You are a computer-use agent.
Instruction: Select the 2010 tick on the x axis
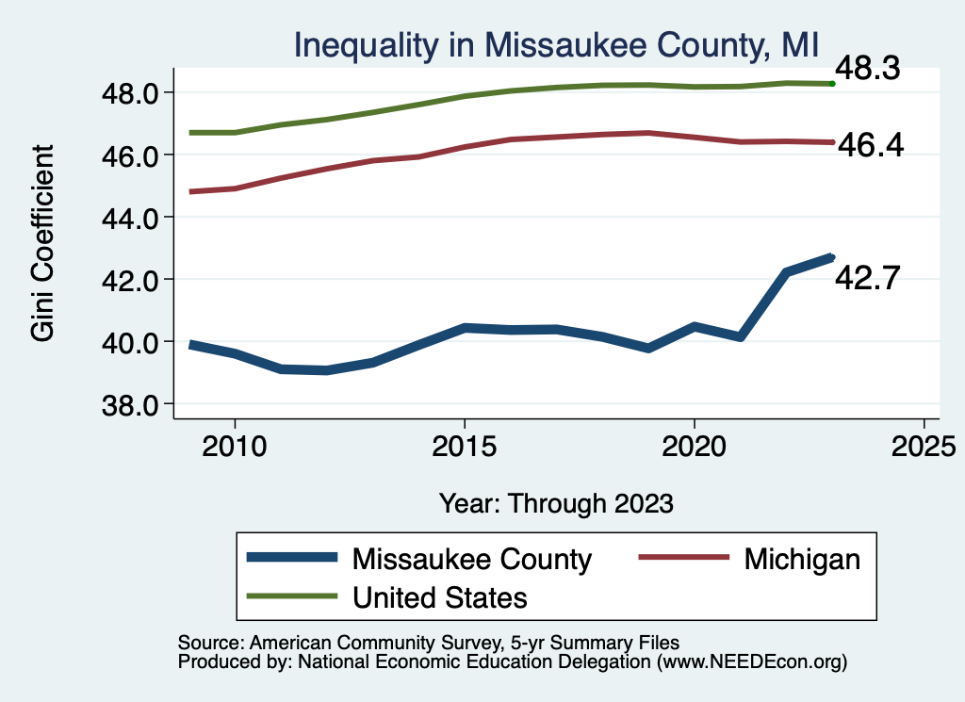pyautogui.click(x=234, y=445)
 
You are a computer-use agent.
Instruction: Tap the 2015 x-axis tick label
pyautogui.click(x=464, y=445)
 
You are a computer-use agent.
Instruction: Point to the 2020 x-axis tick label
pyautogui.click(x=694, y=445)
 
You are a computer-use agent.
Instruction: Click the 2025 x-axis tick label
pyautogui.click(x=924, y=445)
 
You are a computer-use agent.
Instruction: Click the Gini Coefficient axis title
pyautogui.click(x=43, y=243)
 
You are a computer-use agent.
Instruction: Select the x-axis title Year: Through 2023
pyautogui.click(x=556, y=502)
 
